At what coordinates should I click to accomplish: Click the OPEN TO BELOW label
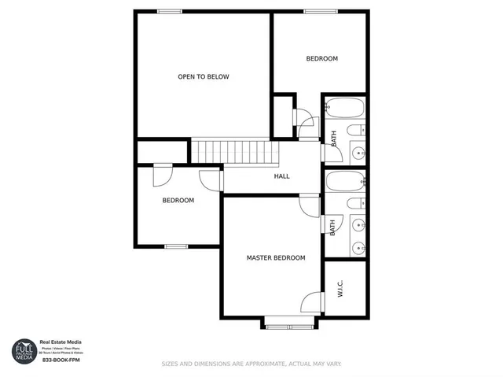click(203, 76)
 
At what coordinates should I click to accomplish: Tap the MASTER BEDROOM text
click(276, 257)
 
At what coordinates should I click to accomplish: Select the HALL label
click(281, 176)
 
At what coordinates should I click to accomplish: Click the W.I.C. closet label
click(340, 291)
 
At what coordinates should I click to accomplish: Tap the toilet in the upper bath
click(357, 130)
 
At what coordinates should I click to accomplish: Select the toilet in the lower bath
click(357, 203)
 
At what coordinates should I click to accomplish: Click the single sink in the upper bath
click(358, 153)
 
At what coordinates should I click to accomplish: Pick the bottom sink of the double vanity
click(358, 249)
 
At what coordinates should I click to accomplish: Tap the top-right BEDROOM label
click(321, 59)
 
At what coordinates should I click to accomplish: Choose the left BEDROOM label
click(178, 200)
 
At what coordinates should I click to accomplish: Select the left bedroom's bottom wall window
click(176, 246)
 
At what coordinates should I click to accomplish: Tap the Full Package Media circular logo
click(24, 351)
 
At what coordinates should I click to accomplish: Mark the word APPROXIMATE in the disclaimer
click(243, 364)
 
